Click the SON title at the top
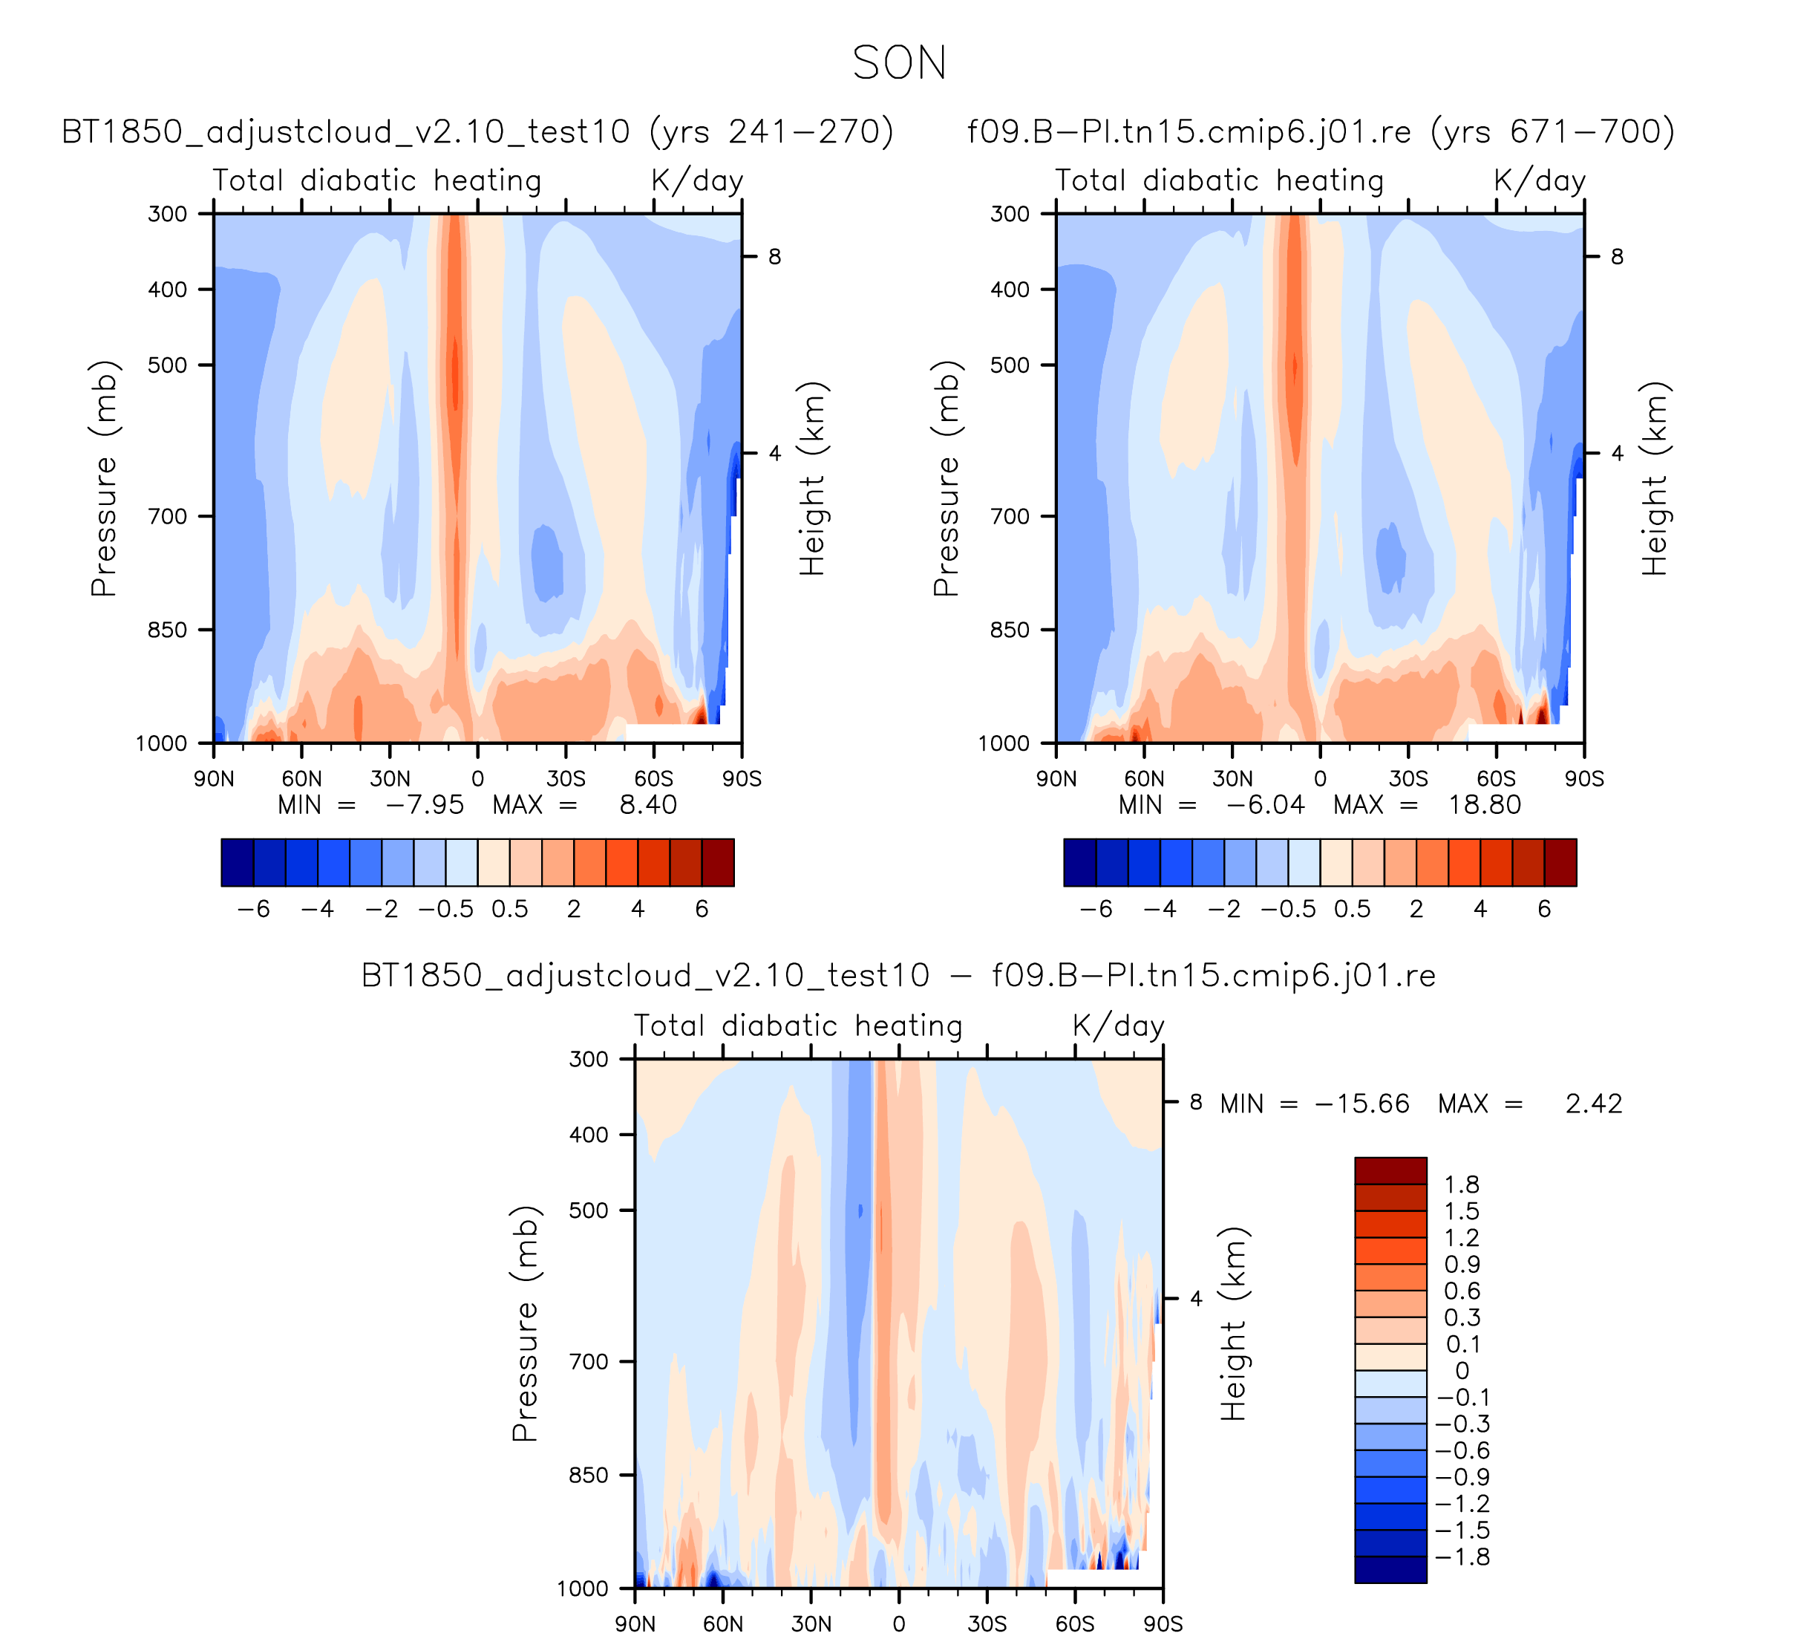899,63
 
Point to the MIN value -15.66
1362,1104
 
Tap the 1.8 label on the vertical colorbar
1462,1184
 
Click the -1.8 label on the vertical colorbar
1462,1557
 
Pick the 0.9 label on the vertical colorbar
1462,1264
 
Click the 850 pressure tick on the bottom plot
589,1476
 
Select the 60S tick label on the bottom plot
1075,1623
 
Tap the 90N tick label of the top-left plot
214,779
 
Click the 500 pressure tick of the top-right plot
1010,365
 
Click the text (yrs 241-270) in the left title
771,132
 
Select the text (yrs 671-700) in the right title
1553,132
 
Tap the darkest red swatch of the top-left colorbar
718,863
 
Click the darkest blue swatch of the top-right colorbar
1079,863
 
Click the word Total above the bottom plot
669,1026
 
